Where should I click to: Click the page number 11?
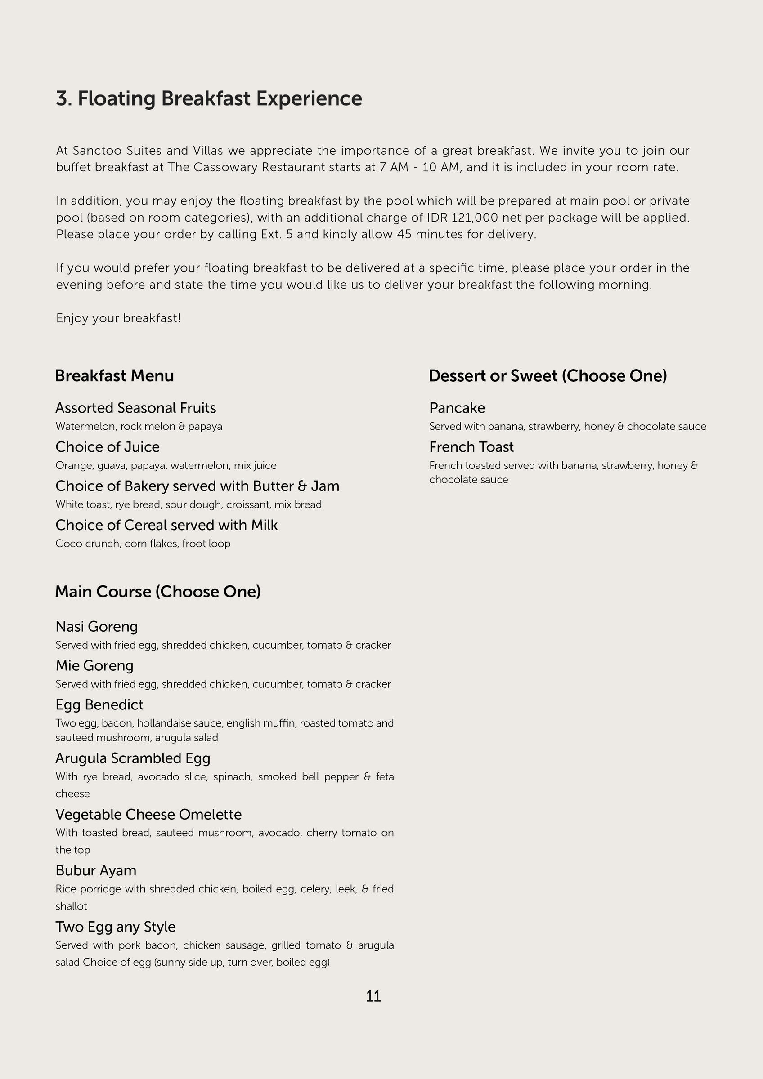tap(373, 996)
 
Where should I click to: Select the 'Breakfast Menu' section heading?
tap(114, 375)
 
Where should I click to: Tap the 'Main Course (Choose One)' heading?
tap(157, 591)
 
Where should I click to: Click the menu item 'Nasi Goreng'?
tap(96, 626)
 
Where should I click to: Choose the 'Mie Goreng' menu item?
tap(94, 665)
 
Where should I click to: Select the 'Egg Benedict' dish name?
tap(99, 704)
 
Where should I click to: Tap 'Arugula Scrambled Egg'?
tap(133, 758)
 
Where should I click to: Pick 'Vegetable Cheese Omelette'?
tap(148, 814)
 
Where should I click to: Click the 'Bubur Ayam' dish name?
tap(96, 870)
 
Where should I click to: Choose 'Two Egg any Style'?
tap(115, 926)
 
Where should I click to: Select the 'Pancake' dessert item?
tap(457, 408)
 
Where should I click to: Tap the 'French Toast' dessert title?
tap(471, 447)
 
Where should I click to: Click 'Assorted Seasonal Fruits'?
tap(135, 408)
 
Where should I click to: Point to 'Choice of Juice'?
tap(107, 447)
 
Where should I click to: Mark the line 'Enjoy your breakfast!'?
tap(118, 318)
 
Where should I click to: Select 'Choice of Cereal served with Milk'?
tap(166, 525)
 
